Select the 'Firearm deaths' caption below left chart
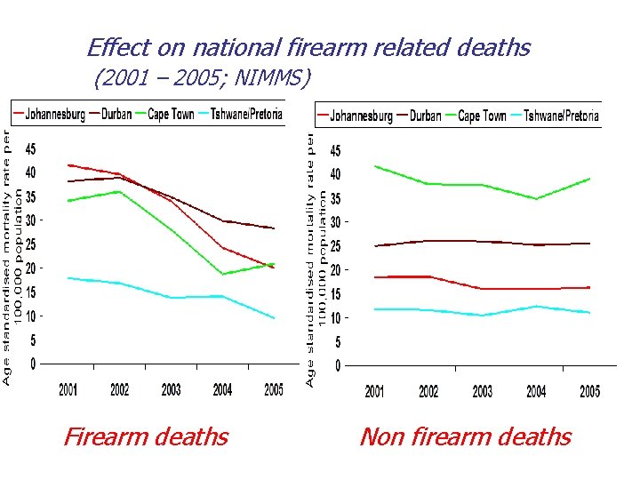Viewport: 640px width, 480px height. point(146,436)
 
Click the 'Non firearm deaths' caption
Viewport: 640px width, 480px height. point(465,436)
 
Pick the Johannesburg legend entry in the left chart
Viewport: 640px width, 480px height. point(49,114)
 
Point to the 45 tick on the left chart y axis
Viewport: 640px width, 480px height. point(30,148)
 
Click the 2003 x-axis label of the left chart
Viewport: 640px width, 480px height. point(171,389)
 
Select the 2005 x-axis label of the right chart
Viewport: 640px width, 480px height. point(589,392)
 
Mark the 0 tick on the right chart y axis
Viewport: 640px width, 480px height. point(337,365)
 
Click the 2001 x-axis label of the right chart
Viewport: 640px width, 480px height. point(375,392)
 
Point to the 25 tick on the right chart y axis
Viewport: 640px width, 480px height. point(334,245)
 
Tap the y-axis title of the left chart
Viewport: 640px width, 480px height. point(8,258)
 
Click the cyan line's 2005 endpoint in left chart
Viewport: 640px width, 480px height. point(274,318)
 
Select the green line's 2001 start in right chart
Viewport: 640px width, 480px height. point(375,166)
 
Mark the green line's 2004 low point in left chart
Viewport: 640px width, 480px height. point(222,274)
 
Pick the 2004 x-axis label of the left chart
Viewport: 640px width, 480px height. point(222,389)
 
